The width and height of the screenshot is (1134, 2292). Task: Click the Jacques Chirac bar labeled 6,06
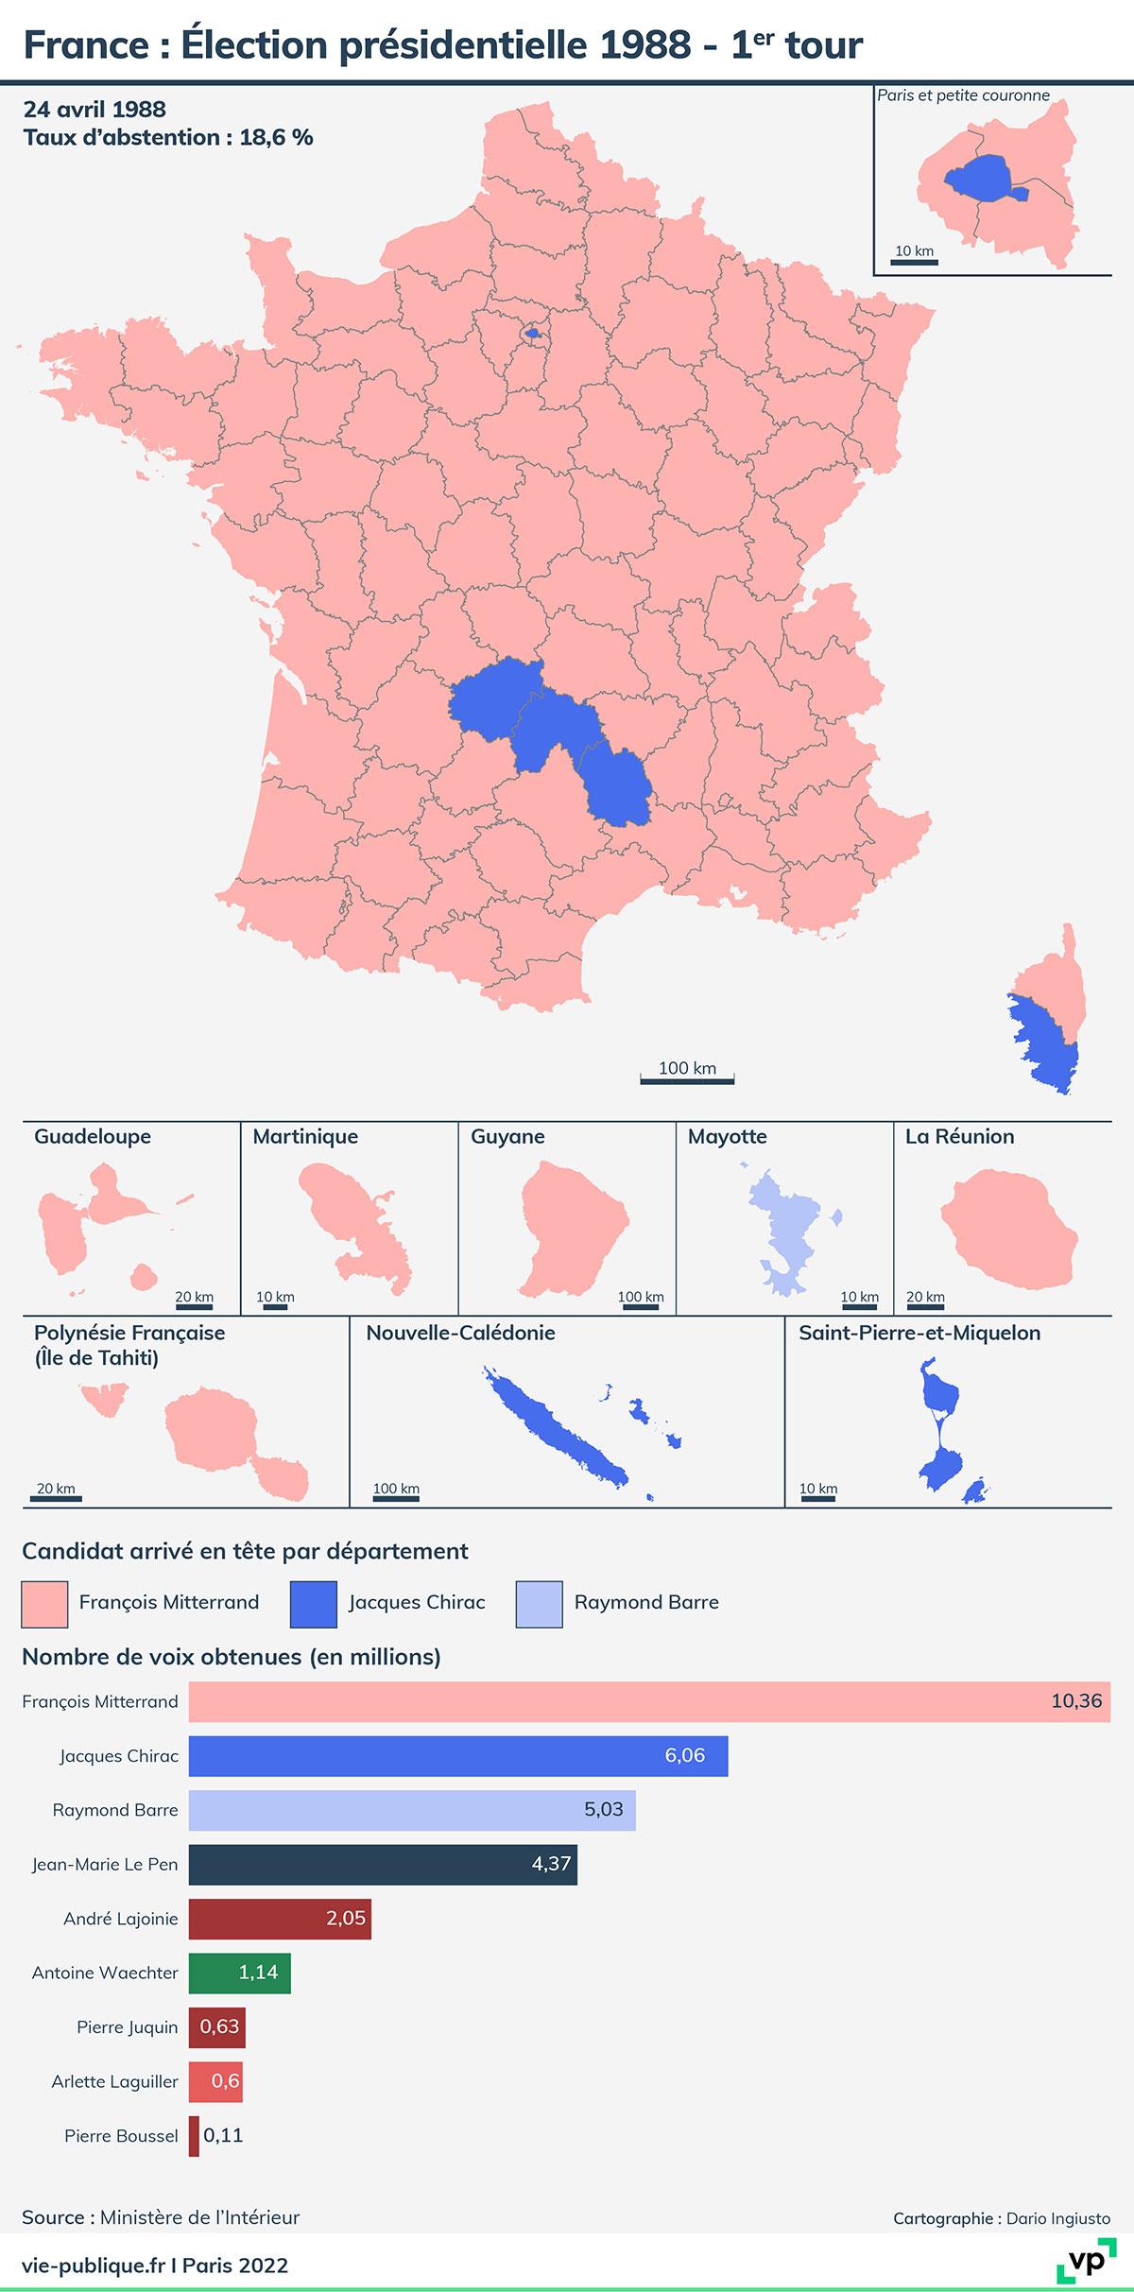click(x=458, y=1755)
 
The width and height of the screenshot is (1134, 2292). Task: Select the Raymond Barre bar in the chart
click(x=412, y=1809)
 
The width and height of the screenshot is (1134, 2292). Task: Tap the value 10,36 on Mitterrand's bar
click(x=1075, y=1700)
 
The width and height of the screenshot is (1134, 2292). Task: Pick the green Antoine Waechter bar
click(x=239, y=1973)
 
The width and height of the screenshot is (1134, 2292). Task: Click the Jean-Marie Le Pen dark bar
click(x=383, y=1864)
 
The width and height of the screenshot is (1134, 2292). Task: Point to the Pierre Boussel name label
click(x=121, y=2135)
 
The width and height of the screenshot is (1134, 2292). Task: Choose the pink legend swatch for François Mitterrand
click(x=44, y=1603)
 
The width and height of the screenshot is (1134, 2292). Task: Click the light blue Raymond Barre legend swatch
click(x=539, y=1603)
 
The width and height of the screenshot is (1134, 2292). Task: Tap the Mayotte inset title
click(x=727, y=1136)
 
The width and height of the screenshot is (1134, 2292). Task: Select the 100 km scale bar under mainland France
click(x=687, y=1077)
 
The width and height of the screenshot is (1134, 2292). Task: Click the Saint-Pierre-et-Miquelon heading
click(x=919, y=1333)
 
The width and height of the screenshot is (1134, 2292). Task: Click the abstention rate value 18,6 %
click(x=276, y=137)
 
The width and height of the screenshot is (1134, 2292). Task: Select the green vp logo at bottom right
click(x=1085, y=2263)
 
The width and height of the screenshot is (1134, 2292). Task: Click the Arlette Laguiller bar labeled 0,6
click(x=215, y=2081)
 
